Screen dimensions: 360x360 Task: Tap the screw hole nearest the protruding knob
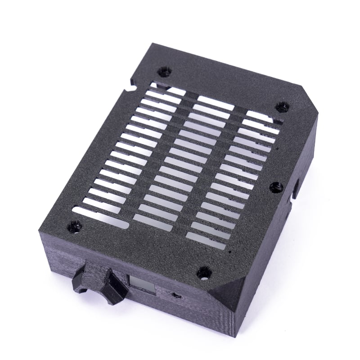coord(74,227)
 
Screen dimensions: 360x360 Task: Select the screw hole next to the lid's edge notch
coord(164,72)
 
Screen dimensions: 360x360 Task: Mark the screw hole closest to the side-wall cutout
coord(276,187)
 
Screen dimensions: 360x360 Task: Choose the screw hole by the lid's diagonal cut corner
coord(282,107)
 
